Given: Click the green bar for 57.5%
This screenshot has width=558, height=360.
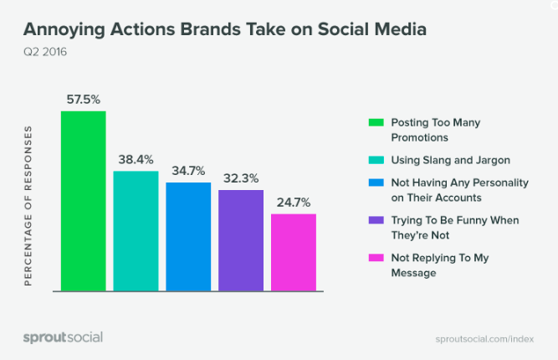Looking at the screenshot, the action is (84, 201).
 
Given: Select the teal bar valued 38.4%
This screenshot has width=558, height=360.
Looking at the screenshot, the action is (136, 231).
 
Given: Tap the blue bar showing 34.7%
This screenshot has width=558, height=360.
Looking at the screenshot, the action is (188, 236).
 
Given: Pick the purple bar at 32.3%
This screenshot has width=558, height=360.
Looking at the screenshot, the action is (241, 240).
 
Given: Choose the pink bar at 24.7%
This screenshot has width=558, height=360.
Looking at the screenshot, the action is (294, 252).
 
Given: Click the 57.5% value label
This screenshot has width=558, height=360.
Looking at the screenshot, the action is (84, 100).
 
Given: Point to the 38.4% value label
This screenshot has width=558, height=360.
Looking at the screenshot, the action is (136, 160).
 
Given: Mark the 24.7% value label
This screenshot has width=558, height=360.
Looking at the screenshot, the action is (294, 203).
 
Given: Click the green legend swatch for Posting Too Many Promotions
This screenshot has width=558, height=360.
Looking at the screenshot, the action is (376, 122).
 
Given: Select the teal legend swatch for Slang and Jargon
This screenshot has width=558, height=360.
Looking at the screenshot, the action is (376, 160).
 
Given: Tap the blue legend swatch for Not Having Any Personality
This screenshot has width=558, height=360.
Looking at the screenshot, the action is (376, 183).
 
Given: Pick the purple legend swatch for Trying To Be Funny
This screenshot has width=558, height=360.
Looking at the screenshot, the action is (376, 220).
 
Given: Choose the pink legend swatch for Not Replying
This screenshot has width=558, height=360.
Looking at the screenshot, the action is (376, 258).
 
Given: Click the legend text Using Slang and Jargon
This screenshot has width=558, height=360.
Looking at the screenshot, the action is (451, 160).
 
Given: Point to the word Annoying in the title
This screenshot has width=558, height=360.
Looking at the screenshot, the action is (64, 30).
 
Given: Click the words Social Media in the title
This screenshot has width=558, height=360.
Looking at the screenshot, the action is (372, 28).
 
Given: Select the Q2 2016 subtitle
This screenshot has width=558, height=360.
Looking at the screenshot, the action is (45, 52).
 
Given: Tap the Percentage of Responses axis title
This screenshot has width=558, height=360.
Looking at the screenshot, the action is (28, 206).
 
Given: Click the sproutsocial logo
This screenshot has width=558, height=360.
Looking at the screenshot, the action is (63, 337).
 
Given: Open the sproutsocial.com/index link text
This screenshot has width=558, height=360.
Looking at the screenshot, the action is (484, 339).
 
